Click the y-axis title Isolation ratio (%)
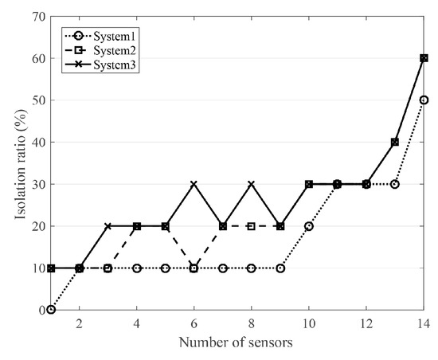[14, 162]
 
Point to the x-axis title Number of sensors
[238, 343]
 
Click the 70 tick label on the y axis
[35, 17]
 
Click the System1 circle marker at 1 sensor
[51, 310]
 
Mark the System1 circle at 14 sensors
[424, 100]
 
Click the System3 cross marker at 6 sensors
[194, 184]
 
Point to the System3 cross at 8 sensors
[252, 184]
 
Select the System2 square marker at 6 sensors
[194, 268]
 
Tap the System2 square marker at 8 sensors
[252, 226]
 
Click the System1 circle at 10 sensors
[309, 226]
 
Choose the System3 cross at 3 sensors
[108, 226]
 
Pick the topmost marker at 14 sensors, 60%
[424, 58]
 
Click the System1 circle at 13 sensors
[395, 184]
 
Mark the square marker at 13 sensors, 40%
[395, 142]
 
